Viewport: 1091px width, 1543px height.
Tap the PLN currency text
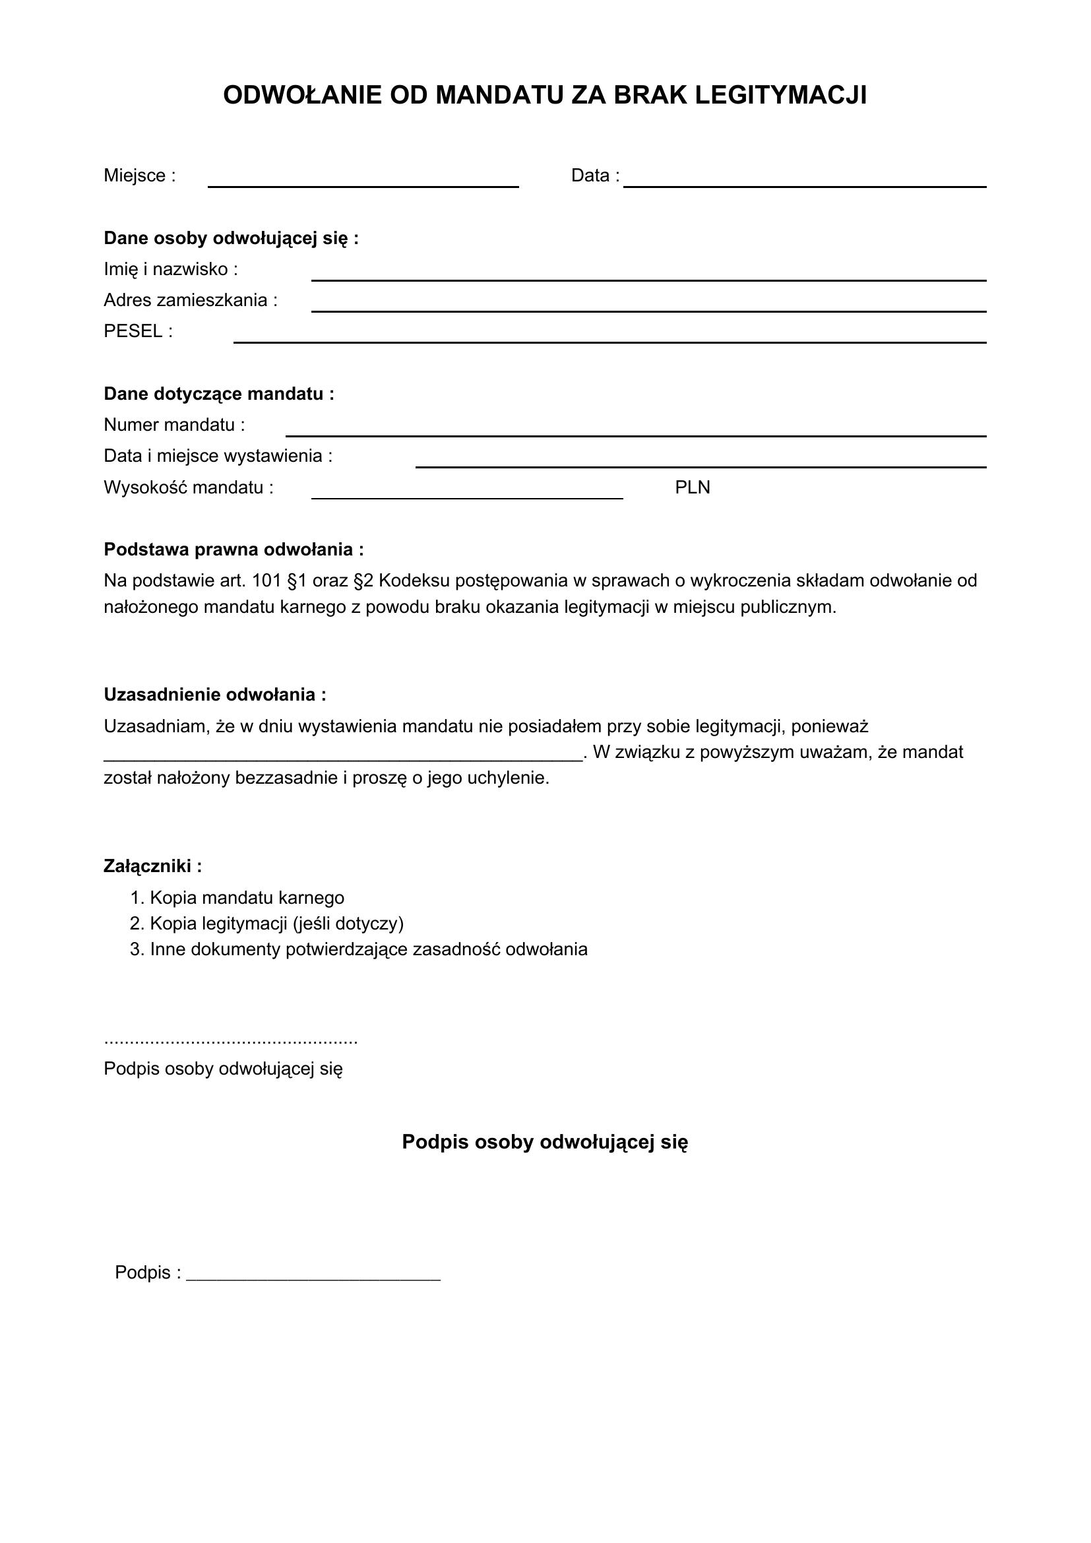(692, 488)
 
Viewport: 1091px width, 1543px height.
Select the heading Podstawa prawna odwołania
(233, 550)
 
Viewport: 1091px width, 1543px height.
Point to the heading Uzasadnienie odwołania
(214, 695)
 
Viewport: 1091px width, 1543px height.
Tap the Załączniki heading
(152, 866)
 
